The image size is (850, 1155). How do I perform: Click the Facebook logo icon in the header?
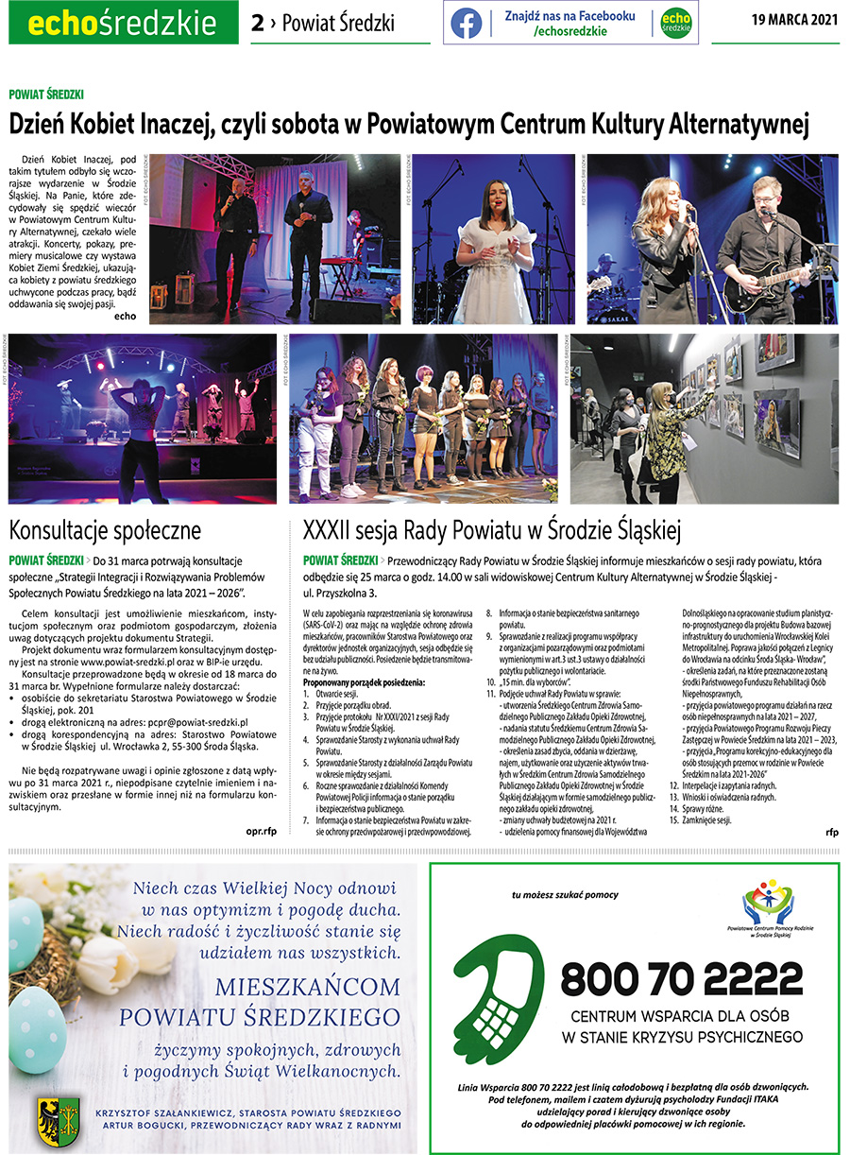(466, 23)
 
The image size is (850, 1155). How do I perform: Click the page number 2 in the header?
(257, 23)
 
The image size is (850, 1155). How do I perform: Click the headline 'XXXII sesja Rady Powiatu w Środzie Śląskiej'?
(492, 528)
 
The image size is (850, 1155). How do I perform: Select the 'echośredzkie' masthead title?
(122, 23)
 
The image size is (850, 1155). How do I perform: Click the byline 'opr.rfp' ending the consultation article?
(259, 833)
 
